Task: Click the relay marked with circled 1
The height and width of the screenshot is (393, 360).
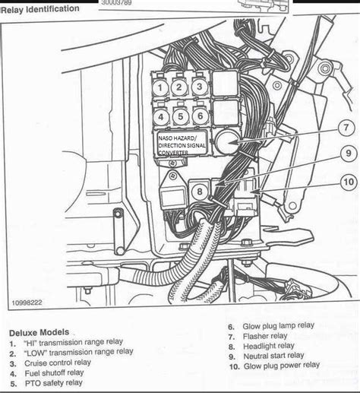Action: point(160,87)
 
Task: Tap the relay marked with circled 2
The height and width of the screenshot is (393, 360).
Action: point(180,87)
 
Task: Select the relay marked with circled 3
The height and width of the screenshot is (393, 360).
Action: point(199,87)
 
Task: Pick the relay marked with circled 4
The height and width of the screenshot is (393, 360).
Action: point(160,116)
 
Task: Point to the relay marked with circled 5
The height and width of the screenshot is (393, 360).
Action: point(180,116)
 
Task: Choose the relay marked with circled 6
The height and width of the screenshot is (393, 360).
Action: point(199,116)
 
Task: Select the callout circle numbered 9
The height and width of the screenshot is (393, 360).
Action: point(346,154)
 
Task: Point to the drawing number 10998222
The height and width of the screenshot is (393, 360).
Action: point(28,302)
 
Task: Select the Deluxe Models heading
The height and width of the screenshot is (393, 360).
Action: point(39,332)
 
